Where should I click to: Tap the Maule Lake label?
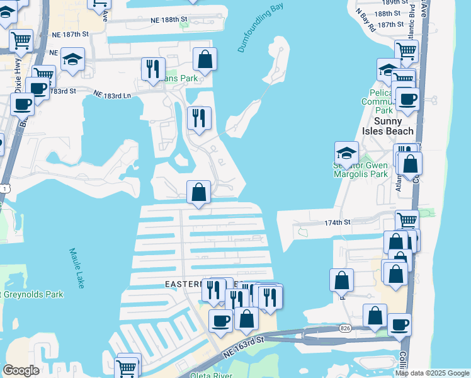[77, 268]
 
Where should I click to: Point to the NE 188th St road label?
[169, 20]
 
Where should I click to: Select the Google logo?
[21, 370]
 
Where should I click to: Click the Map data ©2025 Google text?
[432, 373]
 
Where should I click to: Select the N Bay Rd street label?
[365, 20]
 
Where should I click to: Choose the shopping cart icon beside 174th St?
[407, 221]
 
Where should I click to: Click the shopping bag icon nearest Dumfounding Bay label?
[205, 59]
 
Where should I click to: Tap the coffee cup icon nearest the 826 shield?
[399, 325]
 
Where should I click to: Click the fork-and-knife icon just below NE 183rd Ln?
[199, 118]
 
